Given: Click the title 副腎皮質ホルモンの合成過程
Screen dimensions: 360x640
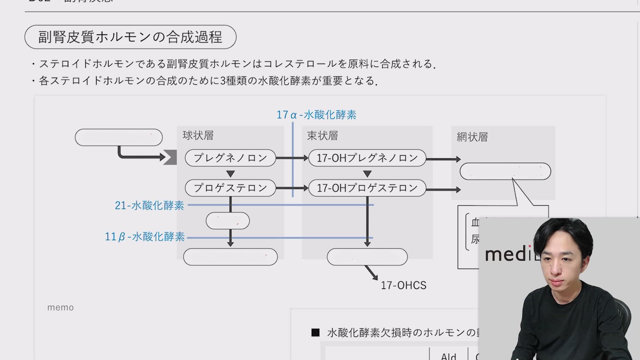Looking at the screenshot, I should click(130, 37).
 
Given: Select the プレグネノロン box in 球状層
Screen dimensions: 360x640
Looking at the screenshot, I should click(230, 158).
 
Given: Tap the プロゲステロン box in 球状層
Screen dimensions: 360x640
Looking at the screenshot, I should click(230, 188).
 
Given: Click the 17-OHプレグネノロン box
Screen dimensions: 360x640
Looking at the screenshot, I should click(367, 158).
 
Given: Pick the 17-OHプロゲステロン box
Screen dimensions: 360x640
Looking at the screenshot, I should click(367, 188).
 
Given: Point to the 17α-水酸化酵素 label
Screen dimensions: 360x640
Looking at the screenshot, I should click(316, 115).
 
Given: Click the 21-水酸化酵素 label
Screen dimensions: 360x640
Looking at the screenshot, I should click(149, 205).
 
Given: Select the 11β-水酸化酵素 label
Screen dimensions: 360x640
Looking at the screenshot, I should click(145, 237).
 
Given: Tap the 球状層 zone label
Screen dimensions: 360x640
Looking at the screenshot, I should click(198, 135).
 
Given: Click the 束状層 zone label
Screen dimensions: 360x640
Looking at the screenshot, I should click(322, 136).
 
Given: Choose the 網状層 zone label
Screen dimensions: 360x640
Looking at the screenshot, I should click(472, 137).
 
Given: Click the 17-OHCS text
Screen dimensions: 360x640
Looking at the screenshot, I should click(403, 285).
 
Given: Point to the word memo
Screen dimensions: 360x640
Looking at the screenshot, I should click(60, 307).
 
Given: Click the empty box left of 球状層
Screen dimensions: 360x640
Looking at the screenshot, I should click(119, 137).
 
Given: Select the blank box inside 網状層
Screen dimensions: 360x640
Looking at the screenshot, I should click(505, 171).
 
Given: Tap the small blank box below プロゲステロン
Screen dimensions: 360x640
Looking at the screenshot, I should click(228, 221).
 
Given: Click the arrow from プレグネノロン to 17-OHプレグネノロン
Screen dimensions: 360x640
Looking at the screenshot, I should click(292, 158).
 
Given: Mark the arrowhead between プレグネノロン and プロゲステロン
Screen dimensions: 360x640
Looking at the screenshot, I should click(230, 174).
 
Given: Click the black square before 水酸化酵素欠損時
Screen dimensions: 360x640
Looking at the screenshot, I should click(315, 332).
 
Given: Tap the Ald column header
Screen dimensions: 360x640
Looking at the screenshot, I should click(448, 356).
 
